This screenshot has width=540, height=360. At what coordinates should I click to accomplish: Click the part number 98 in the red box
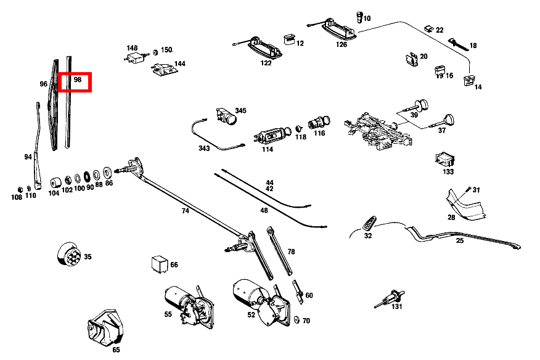(x=78, y=80)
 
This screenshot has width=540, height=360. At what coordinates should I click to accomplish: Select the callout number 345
(x=241, y=110)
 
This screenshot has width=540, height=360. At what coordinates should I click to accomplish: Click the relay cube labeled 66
(x=160, y=264)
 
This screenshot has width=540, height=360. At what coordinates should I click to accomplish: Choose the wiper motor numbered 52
(x=263, y=301)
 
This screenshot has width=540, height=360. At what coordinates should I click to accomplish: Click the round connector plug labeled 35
(x=69, y=254)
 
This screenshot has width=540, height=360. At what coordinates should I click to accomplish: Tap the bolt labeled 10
(x=359, y=17)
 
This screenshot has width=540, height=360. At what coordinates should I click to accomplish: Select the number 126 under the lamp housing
(x=342, y=44)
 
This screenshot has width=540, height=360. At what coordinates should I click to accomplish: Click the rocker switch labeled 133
(x=445, y=160)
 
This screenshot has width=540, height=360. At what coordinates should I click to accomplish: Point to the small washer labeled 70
(x=297, y=320)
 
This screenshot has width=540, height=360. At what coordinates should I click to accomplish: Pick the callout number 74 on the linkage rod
(x=186, y=210)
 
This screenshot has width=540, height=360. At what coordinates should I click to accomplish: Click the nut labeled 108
(x=20, y=189)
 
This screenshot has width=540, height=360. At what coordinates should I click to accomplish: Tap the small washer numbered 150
(x=155, y=52)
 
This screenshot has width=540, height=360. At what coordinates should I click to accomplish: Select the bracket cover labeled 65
(x=105, y=327)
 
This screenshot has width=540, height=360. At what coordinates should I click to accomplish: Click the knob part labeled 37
(x=443, y=121)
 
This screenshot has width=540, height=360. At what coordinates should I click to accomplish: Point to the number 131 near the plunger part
(x=397, y=306)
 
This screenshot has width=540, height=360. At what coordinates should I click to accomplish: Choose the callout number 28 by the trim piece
(x=451, y=218)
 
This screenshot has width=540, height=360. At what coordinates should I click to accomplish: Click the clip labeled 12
(x=289, y=39)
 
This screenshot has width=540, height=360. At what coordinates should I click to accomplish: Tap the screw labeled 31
(x=468, y=189)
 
